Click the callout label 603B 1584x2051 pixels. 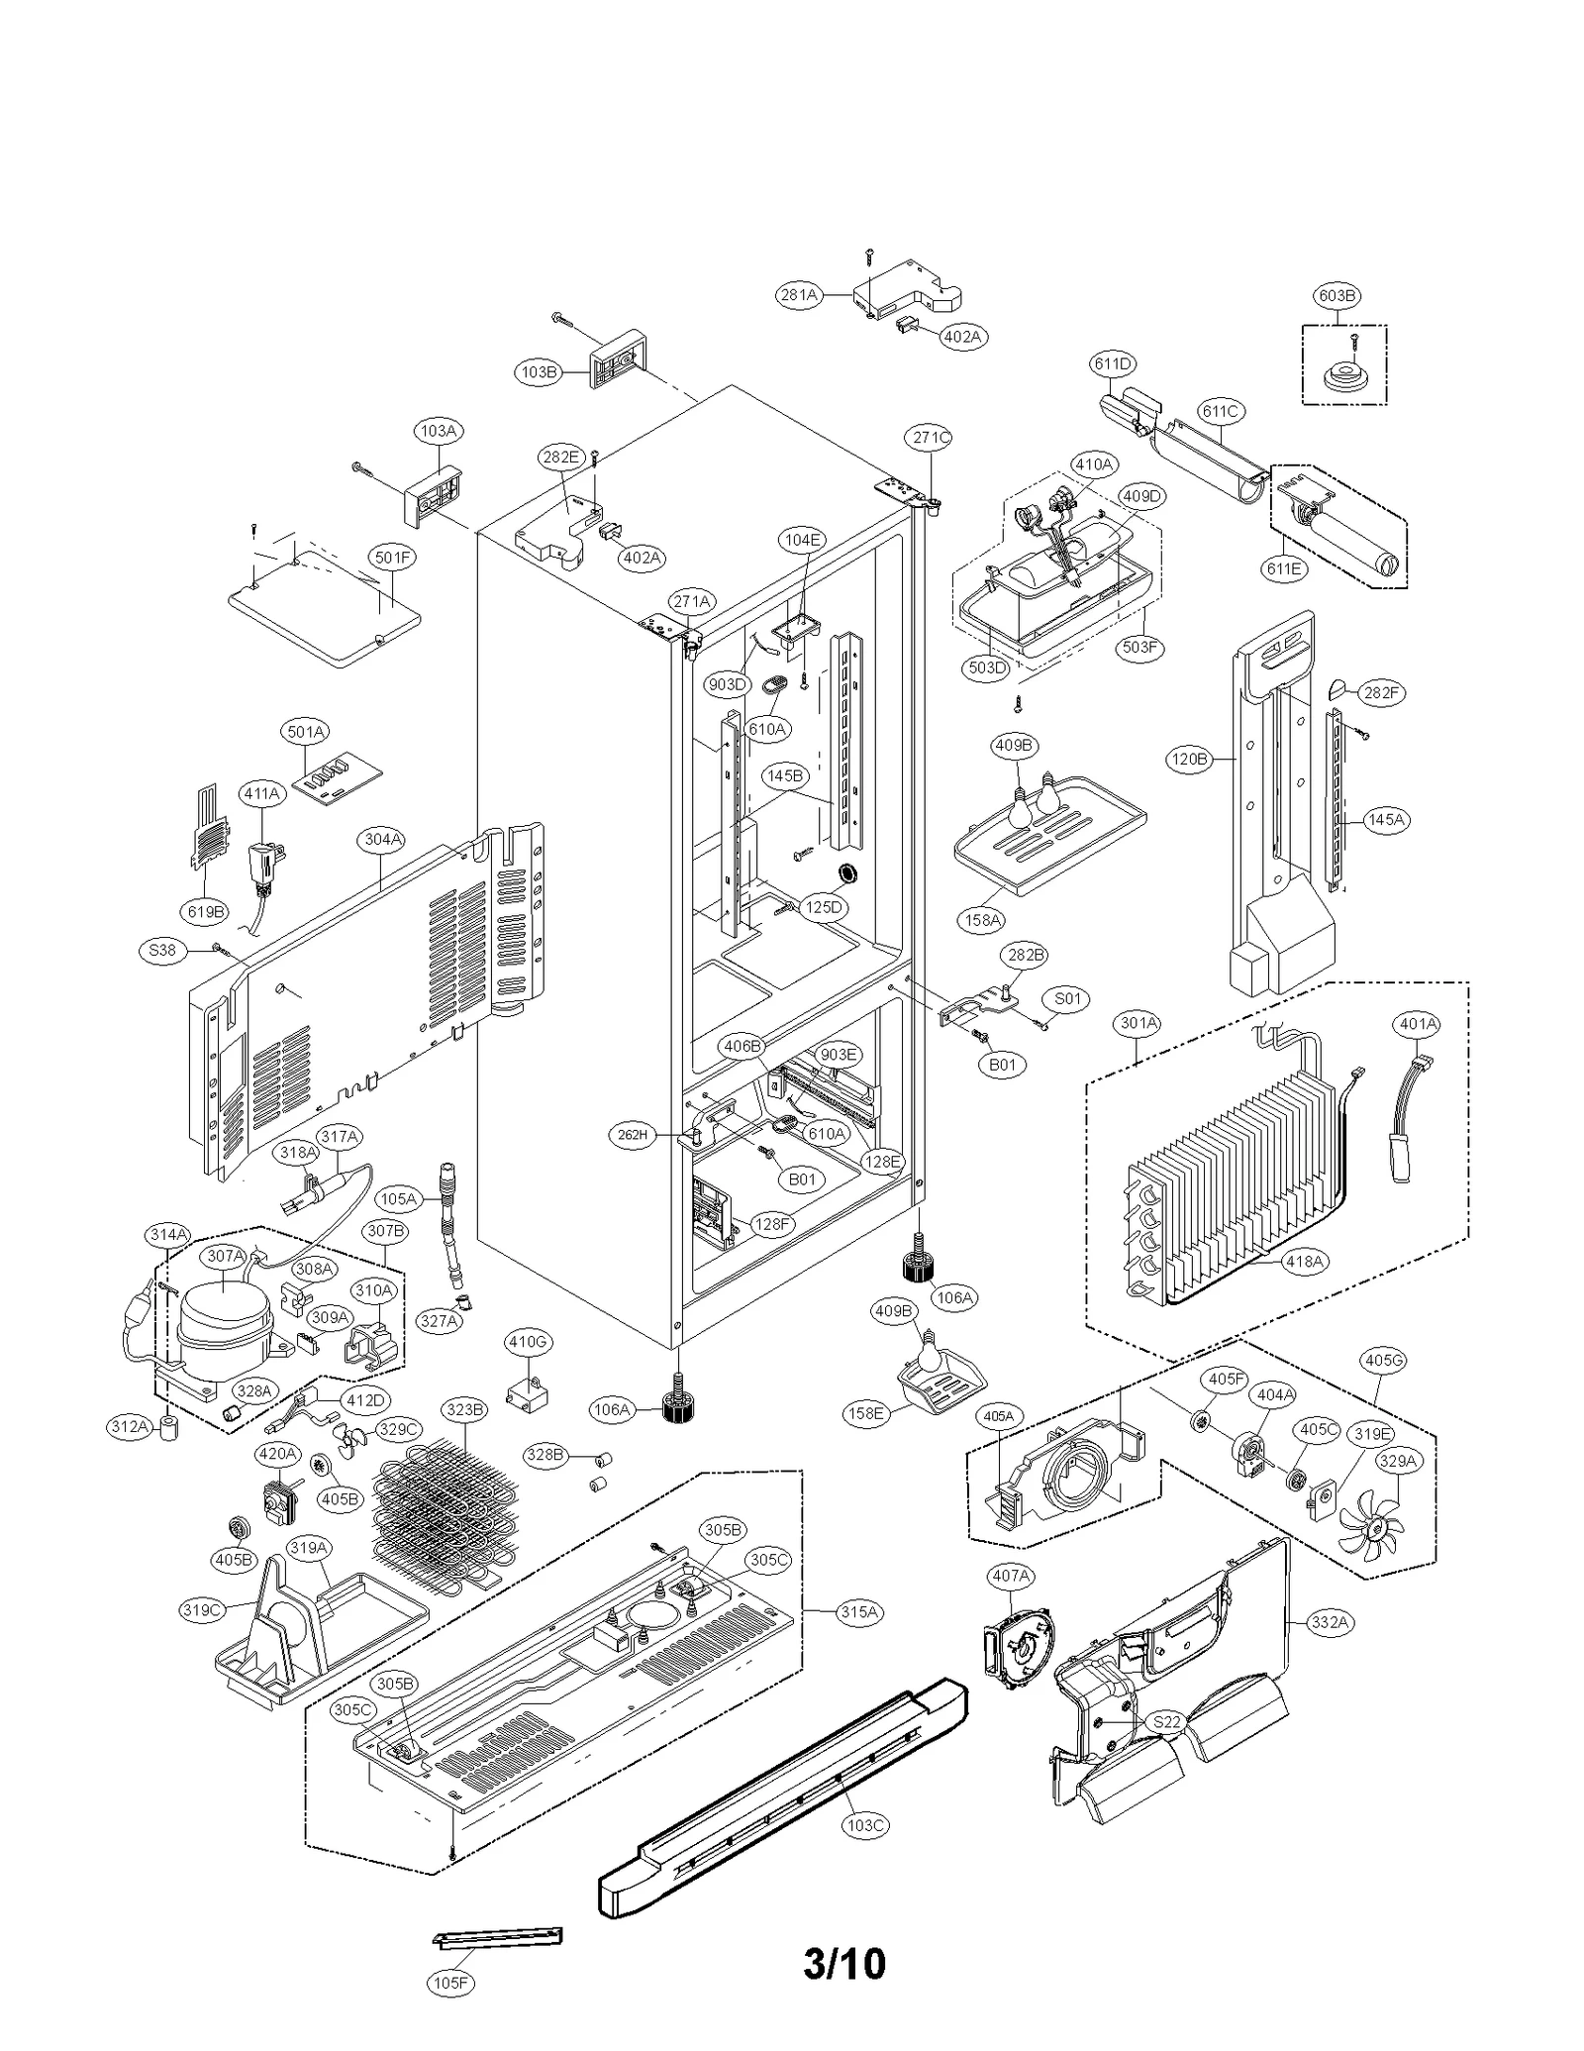click(x=1336, y=295)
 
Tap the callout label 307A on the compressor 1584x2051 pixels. click(x=226, y=1256)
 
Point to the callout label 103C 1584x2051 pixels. click(x=864, y=1825)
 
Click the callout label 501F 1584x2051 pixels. click(x=392, y=558)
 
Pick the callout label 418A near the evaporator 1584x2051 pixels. click(x=1304, y=1261)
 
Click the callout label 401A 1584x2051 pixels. click(x=1417, y=1024)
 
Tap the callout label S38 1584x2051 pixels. click(x=161, y=950)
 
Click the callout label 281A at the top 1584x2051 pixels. click(x=798, y=294)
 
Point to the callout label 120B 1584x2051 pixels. click(x=1189, y=760)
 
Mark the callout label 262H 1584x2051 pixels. click(x=632, y=1136)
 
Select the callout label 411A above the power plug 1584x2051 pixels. click(x=261, y=793)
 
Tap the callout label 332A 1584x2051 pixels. click(x=1330, y=1622)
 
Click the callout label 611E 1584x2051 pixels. click(x=1283, y=568)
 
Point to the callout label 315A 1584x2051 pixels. click(x=858, y=1611)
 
